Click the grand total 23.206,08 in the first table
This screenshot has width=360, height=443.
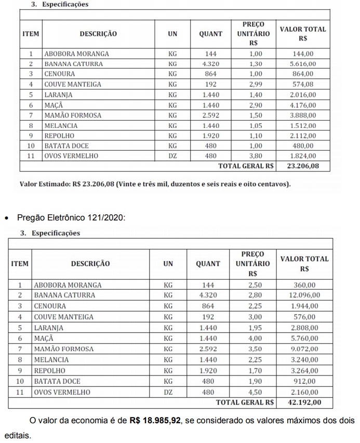(x=303, y=166)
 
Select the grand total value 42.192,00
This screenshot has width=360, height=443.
(x=304, y=402)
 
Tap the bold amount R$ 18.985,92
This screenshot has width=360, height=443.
(x=154, y=420)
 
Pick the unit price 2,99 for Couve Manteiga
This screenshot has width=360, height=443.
(x=256, y=84)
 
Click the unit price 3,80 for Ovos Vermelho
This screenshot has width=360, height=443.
(x=256, y=156)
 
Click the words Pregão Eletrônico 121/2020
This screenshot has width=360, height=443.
(x=71, y=217)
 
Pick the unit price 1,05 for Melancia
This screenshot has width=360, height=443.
(x=256, y=125)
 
